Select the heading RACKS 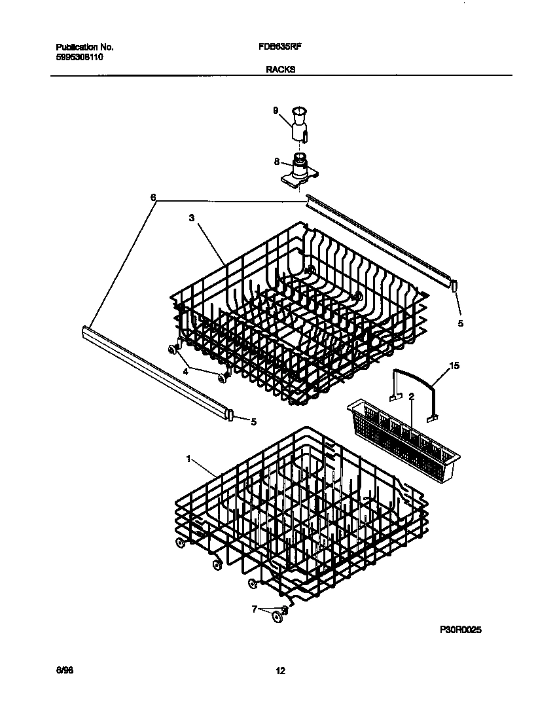[280, 68]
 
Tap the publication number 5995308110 [79, 57]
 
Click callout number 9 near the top [276, 111]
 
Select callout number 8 [276, 161]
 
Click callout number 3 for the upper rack [192, 219]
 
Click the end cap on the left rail [230, 415]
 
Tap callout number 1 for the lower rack [189, 459]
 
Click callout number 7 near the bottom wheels [255, 609]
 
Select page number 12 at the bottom [280, 670]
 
